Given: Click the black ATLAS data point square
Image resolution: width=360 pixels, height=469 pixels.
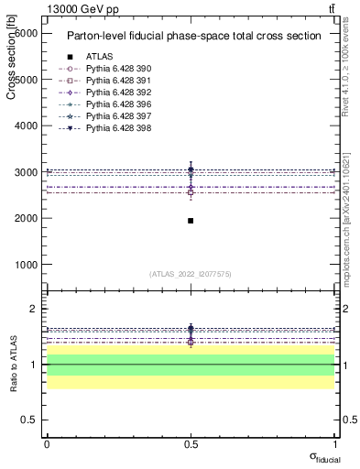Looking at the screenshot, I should (x=191, y=221).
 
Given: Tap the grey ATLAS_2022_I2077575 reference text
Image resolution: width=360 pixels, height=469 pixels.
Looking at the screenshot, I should (x=191, y=274).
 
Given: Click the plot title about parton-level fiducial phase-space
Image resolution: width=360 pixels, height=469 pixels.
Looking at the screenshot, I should (x=192, y=37).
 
